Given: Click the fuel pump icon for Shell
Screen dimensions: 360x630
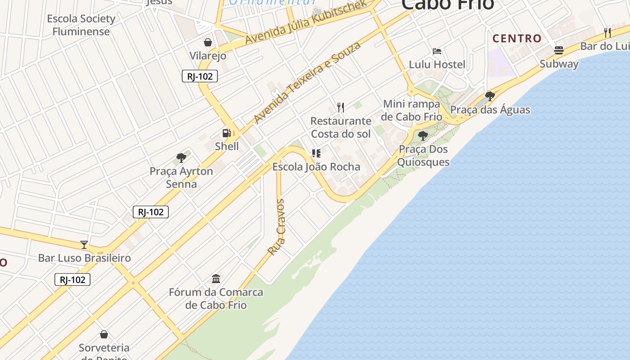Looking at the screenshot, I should coord(226,133).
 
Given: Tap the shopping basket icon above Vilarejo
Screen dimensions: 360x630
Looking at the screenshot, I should coord(208,42).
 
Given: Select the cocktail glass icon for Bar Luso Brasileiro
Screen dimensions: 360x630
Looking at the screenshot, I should coord(84,244).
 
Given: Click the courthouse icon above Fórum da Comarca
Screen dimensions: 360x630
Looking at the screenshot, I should coord(216,279).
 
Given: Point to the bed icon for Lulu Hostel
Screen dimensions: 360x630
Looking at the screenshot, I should coord(436,51).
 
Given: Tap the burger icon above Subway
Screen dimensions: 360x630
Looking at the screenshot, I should coord(559,50).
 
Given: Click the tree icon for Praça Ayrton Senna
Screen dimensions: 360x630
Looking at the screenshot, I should coord(181,157).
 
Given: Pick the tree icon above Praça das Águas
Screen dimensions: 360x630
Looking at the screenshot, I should coord(490,96).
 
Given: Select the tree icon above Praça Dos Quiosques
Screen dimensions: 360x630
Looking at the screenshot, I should coord(423,135).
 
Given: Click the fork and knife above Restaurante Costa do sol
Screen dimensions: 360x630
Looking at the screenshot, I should coord(341,107).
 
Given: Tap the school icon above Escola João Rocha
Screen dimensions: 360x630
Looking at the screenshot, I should coord(316,153).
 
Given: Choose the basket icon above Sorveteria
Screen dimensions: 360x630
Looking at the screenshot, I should coord(104,334).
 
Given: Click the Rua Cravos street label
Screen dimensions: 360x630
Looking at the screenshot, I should coord(277,227).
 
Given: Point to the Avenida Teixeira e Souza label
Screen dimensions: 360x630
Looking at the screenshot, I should coord(307,82).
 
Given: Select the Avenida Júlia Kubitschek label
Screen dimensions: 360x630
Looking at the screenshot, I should coord(306,23).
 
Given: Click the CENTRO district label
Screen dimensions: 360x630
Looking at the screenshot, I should coord(517,39).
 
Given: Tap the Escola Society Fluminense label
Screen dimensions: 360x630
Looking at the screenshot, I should coord(81,25).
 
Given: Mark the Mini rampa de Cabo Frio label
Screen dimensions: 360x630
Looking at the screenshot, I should coord(412,110).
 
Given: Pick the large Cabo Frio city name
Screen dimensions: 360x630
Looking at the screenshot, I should coord(447,4).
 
